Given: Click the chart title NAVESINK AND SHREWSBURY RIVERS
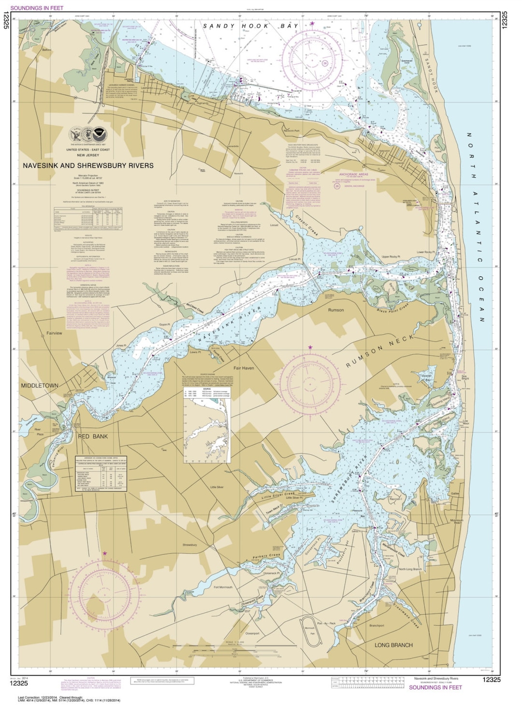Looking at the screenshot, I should pos(88,165).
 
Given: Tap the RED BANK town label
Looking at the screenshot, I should pos(93,436).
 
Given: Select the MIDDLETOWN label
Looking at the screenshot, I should pos(39,386).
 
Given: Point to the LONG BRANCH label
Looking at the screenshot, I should pos(393,645).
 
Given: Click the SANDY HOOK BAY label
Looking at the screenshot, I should pos(250,26).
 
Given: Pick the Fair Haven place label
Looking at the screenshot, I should pos(244,368).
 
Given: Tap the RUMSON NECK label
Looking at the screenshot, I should pos(380,351).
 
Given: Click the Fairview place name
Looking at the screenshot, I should pos(54,333).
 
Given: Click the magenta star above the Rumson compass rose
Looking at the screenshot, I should pos(310,347).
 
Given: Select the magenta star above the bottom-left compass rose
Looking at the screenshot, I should pos(104,553).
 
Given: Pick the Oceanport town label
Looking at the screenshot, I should pos(252,634).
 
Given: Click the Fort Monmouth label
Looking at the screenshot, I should pos(223,588).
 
